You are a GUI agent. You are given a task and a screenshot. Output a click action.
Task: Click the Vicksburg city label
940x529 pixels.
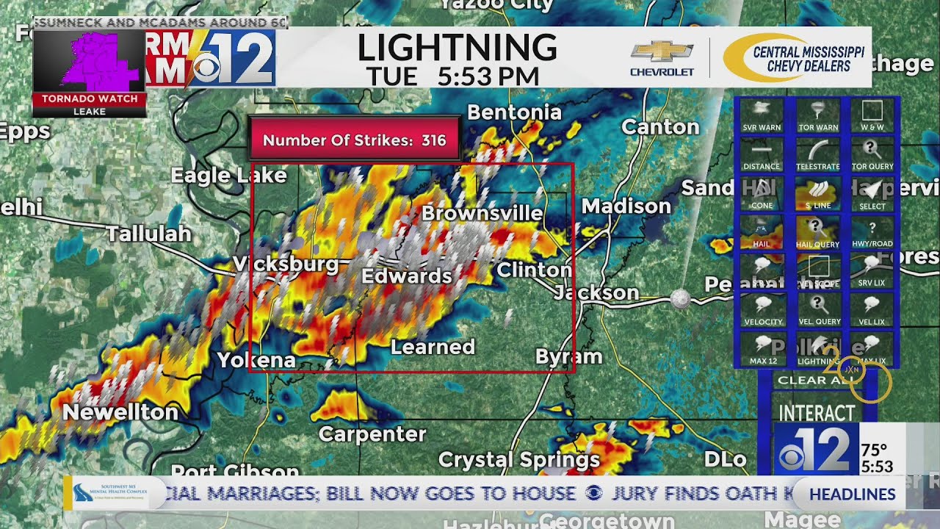pos(285,264)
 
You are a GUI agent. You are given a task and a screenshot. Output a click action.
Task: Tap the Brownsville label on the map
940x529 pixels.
pos(482,214)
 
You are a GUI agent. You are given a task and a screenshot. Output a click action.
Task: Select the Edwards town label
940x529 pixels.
pos(406,276)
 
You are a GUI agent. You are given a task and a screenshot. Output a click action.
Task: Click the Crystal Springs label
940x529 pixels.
pos(518,461)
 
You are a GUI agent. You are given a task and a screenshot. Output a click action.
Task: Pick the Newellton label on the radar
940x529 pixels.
pos(120,412)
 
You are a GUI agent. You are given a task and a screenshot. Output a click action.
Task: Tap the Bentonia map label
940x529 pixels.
pos(514,112)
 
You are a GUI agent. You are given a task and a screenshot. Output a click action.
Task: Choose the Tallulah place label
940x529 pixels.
pos(148,234)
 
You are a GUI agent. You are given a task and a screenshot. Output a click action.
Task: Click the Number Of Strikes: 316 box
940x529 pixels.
pos(354,140)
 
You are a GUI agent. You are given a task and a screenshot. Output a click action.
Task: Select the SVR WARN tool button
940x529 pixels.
pos(762,116)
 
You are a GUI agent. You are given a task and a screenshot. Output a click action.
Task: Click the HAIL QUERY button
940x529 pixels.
pos(817,233)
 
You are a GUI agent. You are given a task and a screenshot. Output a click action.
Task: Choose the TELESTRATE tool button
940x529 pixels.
pos(817,155)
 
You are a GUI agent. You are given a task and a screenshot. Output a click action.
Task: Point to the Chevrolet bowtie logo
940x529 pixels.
pos(662,52)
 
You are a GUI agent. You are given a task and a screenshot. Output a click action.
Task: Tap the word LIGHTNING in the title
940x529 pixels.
pos(457,48)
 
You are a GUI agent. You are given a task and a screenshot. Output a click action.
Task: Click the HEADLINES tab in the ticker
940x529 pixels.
pos(852,494)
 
